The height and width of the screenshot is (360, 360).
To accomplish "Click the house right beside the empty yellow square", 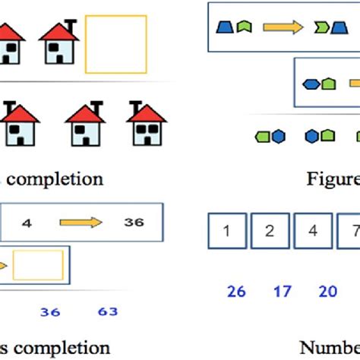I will pyautogui.click(x=58, y=43).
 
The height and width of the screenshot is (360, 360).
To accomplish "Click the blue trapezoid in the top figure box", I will pyautogui.click(x=224, y=27).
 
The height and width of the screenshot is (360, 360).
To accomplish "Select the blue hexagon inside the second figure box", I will pyautogui.click(x=311, y=84).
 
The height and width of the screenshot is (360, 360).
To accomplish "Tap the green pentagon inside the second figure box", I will pyautogui.click(x=327, y=84).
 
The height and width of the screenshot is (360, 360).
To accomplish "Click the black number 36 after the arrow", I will pyautogui.click(x=134, y=223).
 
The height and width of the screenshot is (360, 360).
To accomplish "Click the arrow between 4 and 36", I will pyautogui.click(x=81, y=223).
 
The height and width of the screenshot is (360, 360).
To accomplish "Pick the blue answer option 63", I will pyautogui.click(x=109, y=311).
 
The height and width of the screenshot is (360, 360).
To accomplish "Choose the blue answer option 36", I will pyautogui.click(x=50, y=311).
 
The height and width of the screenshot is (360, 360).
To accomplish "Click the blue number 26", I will pyautogui.click(x=236, y=290).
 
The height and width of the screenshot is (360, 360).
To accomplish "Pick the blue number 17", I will pyautogui.click(x=282, y=290).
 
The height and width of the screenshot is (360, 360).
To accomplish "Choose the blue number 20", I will pyautogui.click(x=327, y=290).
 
